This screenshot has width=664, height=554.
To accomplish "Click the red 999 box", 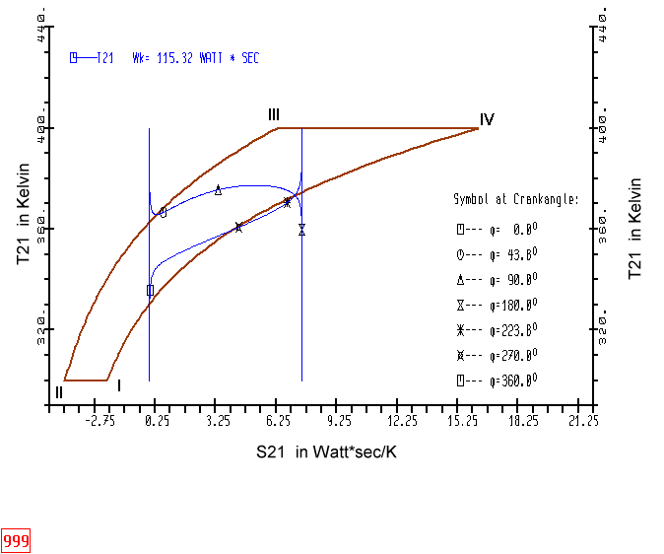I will (16, 541).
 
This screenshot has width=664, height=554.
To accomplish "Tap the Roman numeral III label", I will (274, 115).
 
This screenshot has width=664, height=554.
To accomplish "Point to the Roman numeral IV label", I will (487, 119).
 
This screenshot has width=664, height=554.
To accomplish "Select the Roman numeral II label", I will (59, 392).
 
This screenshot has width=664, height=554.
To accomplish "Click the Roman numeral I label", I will (119, 386).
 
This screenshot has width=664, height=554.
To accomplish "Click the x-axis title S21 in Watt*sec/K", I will (327, 451).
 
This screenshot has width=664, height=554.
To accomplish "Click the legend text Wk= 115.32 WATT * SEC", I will (195, 58).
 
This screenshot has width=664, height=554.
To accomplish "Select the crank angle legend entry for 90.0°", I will (497, 278).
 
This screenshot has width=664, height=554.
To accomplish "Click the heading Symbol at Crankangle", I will (515, 199).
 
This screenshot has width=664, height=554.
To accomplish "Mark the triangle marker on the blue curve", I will (218, 190).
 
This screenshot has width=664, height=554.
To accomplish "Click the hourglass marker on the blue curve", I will (301, 230).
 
